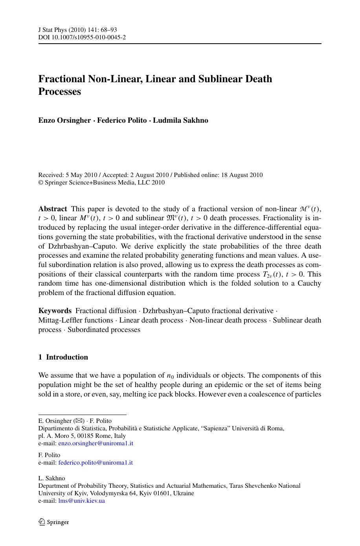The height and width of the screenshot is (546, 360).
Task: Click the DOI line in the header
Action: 82,37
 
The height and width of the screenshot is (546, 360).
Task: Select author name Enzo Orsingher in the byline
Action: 64,120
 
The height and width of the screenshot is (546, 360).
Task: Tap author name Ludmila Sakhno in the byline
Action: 180,120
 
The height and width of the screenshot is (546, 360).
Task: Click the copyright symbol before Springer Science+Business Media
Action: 40,183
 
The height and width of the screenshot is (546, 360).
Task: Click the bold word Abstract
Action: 53,209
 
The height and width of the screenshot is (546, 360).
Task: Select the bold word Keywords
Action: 55,311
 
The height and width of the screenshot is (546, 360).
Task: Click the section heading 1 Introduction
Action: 63,357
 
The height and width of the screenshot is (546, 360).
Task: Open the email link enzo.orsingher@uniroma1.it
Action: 96,443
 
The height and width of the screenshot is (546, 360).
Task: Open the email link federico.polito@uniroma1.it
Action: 96,463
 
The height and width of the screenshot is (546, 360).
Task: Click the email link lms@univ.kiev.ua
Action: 81,501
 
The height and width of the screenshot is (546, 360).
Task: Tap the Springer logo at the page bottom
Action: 54,522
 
